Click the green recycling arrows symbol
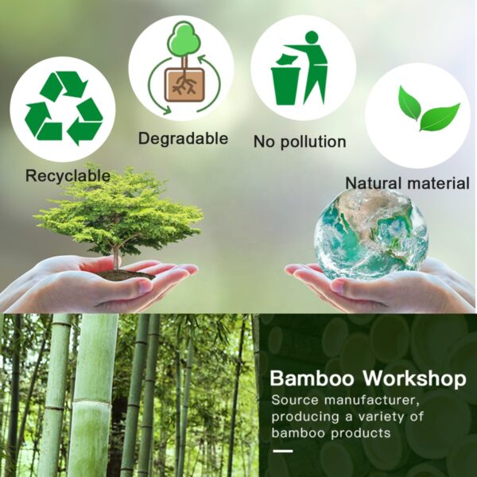64,107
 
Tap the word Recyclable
68,176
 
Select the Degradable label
183,138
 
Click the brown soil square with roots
184,84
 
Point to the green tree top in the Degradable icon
184,39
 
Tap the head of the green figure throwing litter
311,37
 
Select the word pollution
313,142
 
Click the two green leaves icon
429,109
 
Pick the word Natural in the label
374,184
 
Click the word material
438,184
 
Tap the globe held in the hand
370,234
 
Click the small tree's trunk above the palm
116,258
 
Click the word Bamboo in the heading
312,378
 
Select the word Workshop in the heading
415,378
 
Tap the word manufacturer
372,400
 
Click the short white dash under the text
283,451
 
